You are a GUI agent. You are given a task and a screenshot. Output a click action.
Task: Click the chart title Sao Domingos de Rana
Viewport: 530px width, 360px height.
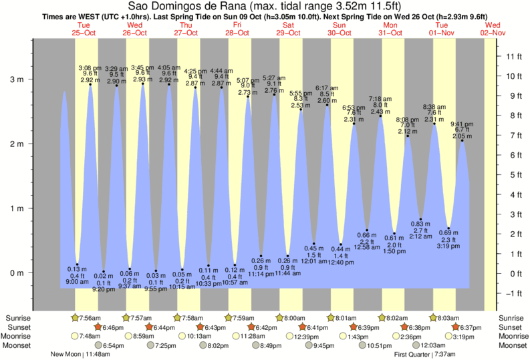(265, 7)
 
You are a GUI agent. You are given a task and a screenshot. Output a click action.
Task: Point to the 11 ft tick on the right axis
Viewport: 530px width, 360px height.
(514, 56)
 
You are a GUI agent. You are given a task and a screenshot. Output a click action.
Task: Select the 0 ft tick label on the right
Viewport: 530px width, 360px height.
(512, 274)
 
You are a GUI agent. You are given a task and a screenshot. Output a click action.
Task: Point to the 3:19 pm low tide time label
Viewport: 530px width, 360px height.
(449, 246)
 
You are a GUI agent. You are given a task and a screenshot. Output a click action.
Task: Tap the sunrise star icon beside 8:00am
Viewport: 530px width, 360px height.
(280, 317)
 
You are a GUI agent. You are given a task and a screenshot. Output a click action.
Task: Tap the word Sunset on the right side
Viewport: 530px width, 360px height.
(511, 327)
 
